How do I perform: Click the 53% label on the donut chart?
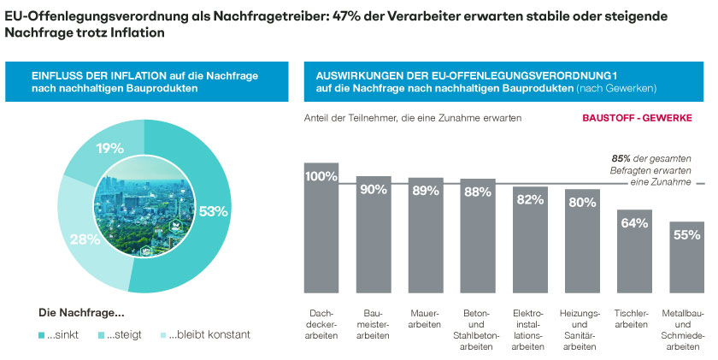pos(213,210)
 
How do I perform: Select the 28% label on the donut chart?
pos(85,239)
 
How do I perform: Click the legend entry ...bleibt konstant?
pos(209,334)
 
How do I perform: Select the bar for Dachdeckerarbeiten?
pos(321,231)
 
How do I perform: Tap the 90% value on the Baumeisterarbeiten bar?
pos(374,190)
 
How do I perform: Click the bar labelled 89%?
pos(426,239)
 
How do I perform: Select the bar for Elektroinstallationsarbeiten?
pos(531,244)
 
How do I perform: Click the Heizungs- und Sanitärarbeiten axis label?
pos(583,330)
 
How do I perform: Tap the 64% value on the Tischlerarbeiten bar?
pos(635,223)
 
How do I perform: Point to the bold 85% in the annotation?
pos(621,158)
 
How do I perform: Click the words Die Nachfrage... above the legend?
pos(82,312)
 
